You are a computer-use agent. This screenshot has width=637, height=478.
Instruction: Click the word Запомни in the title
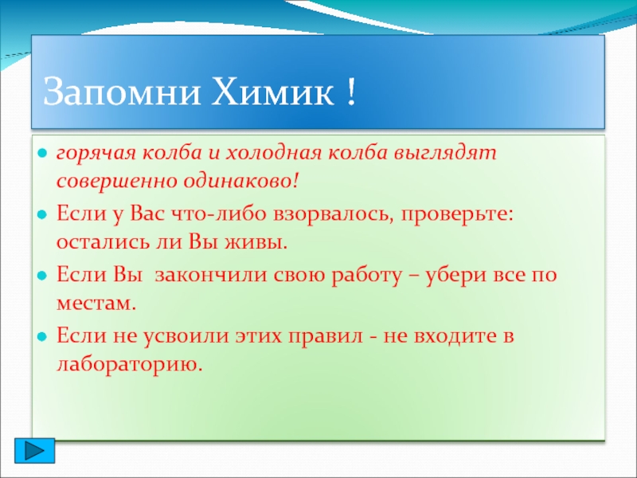coord(122,92)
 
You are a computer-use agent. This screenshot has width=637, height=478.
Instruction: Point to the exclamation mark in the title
coord(351,92)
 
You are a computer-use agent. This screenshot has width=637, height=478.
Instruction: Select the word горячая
coord(96,155)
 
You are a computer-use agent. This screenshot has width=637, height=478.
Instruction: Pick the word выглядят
coord(445,155)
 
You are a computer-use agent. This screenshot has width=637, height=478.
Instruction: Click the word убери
coord(454,275)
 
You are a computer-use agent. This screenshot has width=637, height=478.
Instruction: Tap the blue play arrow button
coord(34,451)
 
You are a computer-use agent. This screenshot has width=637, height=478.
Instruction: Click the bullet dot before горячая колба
coord(42,154)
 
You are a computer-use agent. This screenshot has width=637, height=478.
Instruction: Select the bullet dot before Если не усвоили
coord(42,336)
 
